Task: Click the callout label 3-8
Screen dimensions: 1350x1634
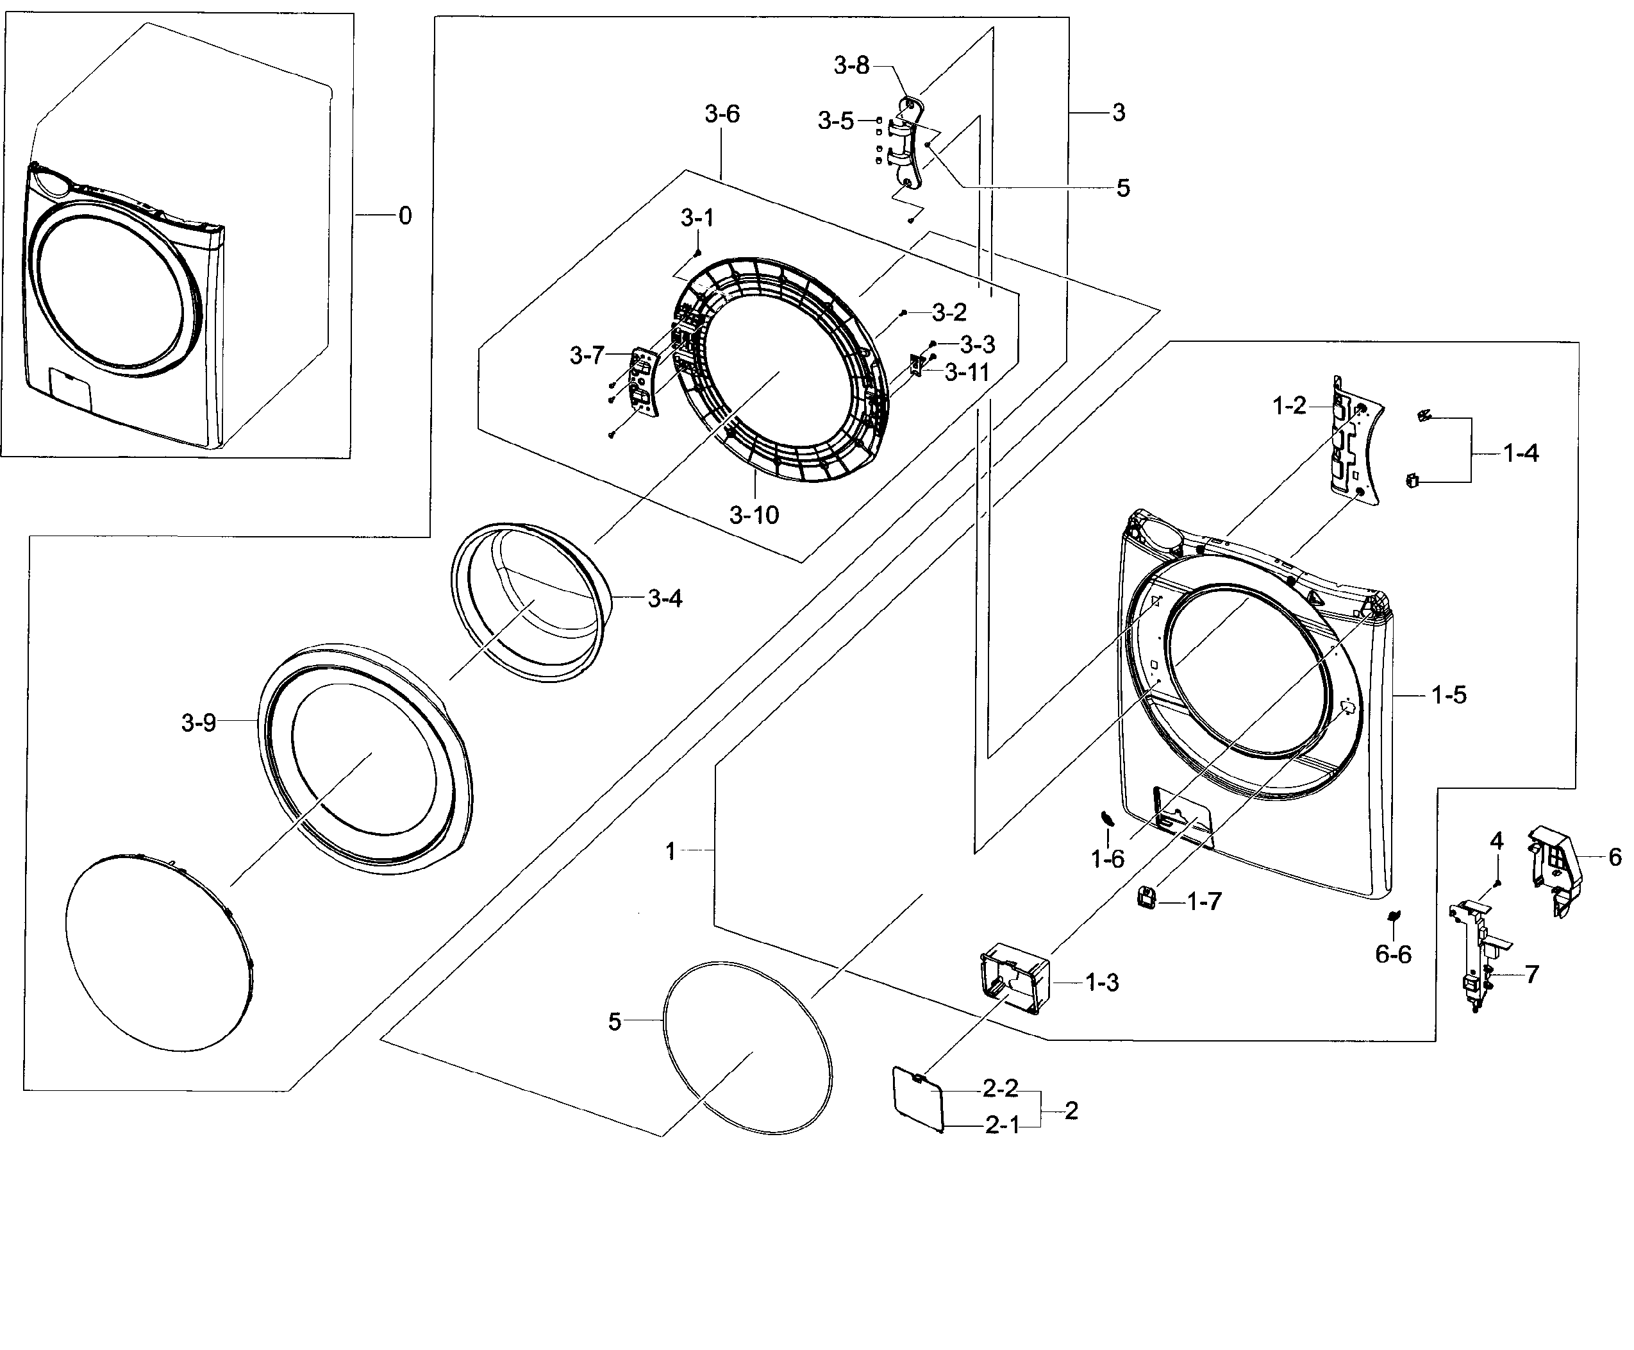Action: coord(851,66)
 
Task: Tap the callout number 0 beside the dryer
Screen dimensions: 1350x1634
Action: coord(404,215)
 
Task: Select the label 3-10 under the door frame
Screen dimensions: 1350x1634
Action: coord(753,515)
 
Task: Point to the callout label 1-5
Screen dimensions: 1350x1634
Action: coord(1448,695)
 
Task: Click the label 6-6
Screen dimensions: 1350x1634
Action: coord(1393,954)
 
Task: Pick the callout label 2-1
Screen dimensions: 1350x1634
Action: coord(1001,1126)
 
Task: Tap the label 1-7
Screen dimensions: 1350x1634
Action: coord(1204,901)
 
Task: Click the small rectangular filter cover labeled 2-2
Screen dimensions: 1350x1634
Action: coord(917,1101)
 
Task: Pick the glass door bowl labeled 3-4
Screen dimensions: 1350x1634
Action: coord(529,599)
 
